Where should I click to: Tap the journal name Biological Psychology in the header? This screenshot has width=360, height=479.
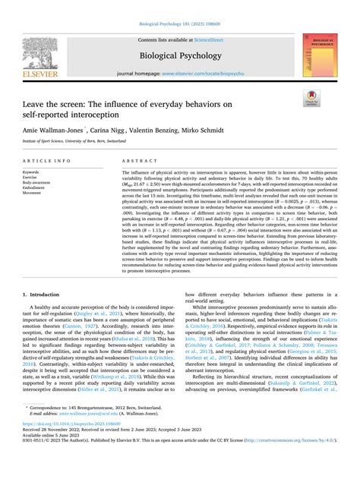click(179, 55)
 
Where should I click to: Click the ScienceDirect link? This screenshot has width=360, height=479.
click(209, 39)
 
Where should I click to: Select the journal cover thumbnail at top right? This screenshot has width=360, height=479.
click(318, 55)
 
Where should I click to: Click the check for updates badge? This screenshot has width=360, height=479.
click(311, 96)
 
